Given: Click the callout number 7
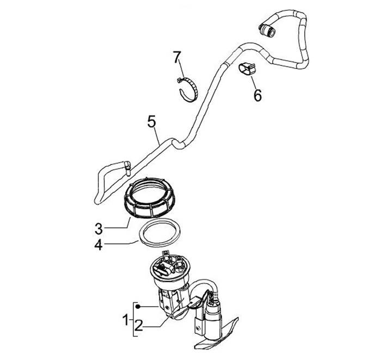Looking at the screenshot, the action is pos(176,56).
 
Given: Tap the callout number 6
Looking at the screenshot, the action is pos(258,95).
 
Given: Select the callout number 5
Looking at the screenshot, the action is pos(151,120).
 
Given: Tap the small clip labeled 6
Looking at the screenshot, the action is pos(246,69).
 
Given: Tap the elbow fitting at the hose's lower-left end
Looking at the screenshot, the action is pos(126,166).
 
